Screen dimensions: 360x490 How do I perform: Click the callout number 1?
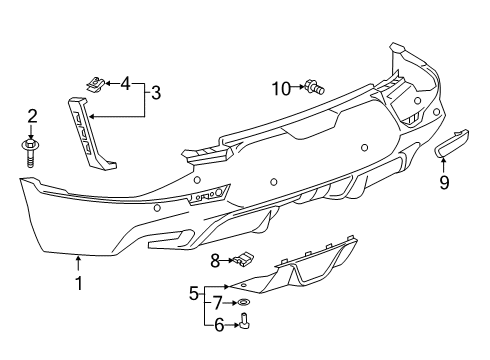[x=78, y=283]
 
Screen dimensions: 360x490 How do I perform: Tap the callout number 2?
[x=31, y=118]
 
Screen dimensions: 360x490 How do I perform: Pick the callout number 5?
[x=194, y=294]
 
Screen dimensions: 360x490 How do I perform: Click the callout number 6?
[x=217, y=323]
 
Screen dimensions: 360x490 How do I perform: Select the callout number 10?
[x=279, y=88]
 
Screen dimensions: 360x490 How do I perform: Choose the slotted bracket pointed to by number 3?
[x=89, y=129]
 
